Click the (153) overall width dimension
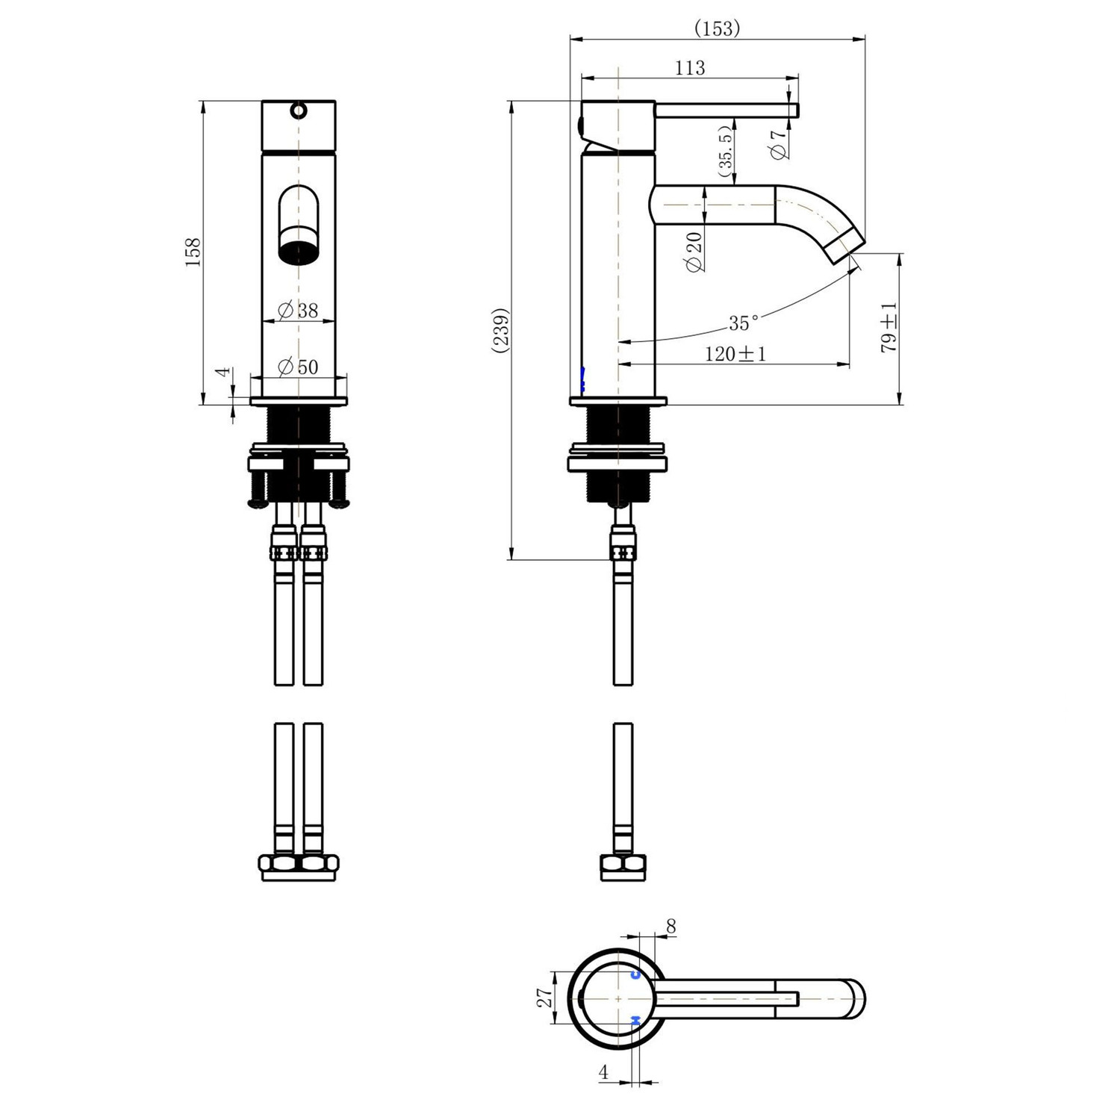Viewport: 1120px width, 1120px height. click(x=717, y=28)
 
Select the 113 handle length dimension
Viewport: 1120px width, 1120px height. click(x=690, y=68)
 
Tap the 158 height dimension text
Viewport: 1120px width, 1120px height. click(x=193, y=252)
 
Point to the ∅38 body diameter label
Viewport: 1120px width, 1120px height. click(x=298, y=311)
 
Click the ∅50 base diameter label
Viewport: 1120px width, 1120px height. click(x=298, y=367)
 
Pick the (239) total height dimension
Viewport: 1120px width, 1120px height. click(x=501, y=329)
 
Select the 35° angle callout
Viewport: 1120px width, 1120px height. click(x=744, y=323)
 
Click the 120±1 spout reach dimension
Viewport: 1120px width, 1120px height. click(x=735, y=354)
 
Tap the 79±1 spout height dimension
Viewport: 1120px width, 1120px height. click(x=889, y=328)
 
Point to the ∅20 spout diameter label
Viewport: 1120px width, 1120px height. click(x=694, y=252)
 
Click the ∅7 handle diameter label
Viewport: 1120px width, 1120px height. click(x=778, y=144)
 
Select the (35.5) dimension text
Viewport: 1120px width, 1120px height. click(x=724, y=152)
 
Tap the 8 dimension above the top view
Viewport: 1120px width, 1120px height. click(x=671, y=927)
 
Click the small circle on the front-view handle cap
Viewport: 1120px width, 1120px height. click(x=299, y=111)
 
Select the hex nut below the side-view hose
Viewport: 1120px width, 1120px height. click(x=623, y=867)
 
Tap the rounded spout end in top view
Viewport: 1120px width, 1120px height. click(x=856, y=998)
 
